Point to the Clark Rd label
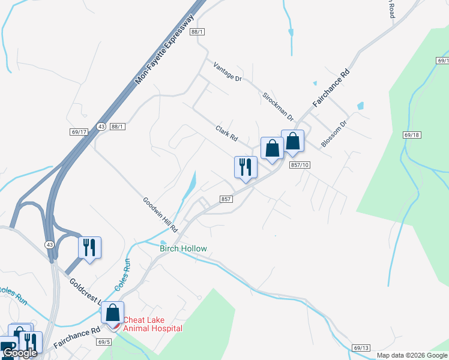coord(227,133)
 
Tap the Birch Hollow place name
coord(183,248)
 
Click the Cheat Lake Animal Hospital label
coord(152,324)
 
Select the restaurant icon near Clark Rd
coord(246,167)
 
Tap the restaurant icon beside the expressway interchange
coord(89,247)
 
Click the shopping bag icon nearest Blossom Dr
coord(292,141)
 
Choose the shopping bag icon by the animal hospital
coord(112,312)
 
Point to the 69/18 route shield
coord(411,136)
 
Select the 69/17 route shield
coord(79,131)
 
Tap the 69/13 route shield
coord(361,347)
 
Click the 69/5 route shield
coord(103,341)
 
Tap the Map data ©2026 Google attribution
coord(411,355)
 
